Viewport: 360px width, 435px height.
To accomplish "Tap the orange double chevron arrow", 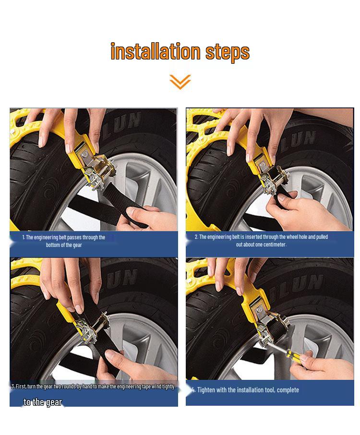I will [x=180, y=82].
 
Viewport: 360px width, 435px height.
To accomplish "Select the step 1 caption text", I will [x=63, y=241].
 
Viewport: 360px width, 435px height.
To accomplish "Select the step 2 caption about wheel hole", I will [x=261, y=240].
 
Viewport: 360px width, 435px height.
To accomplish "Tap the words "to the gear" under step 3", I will [x=43, y=402].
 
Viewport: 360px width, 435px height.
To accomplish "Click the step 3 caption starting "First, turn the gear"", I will [x=94, y=386].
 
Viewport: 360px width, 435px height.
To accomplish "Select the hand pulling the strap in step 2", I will [x=312, y=211].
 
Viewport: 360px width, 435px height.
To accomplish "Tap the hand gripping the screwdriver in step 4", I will [x=326, y=367].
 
